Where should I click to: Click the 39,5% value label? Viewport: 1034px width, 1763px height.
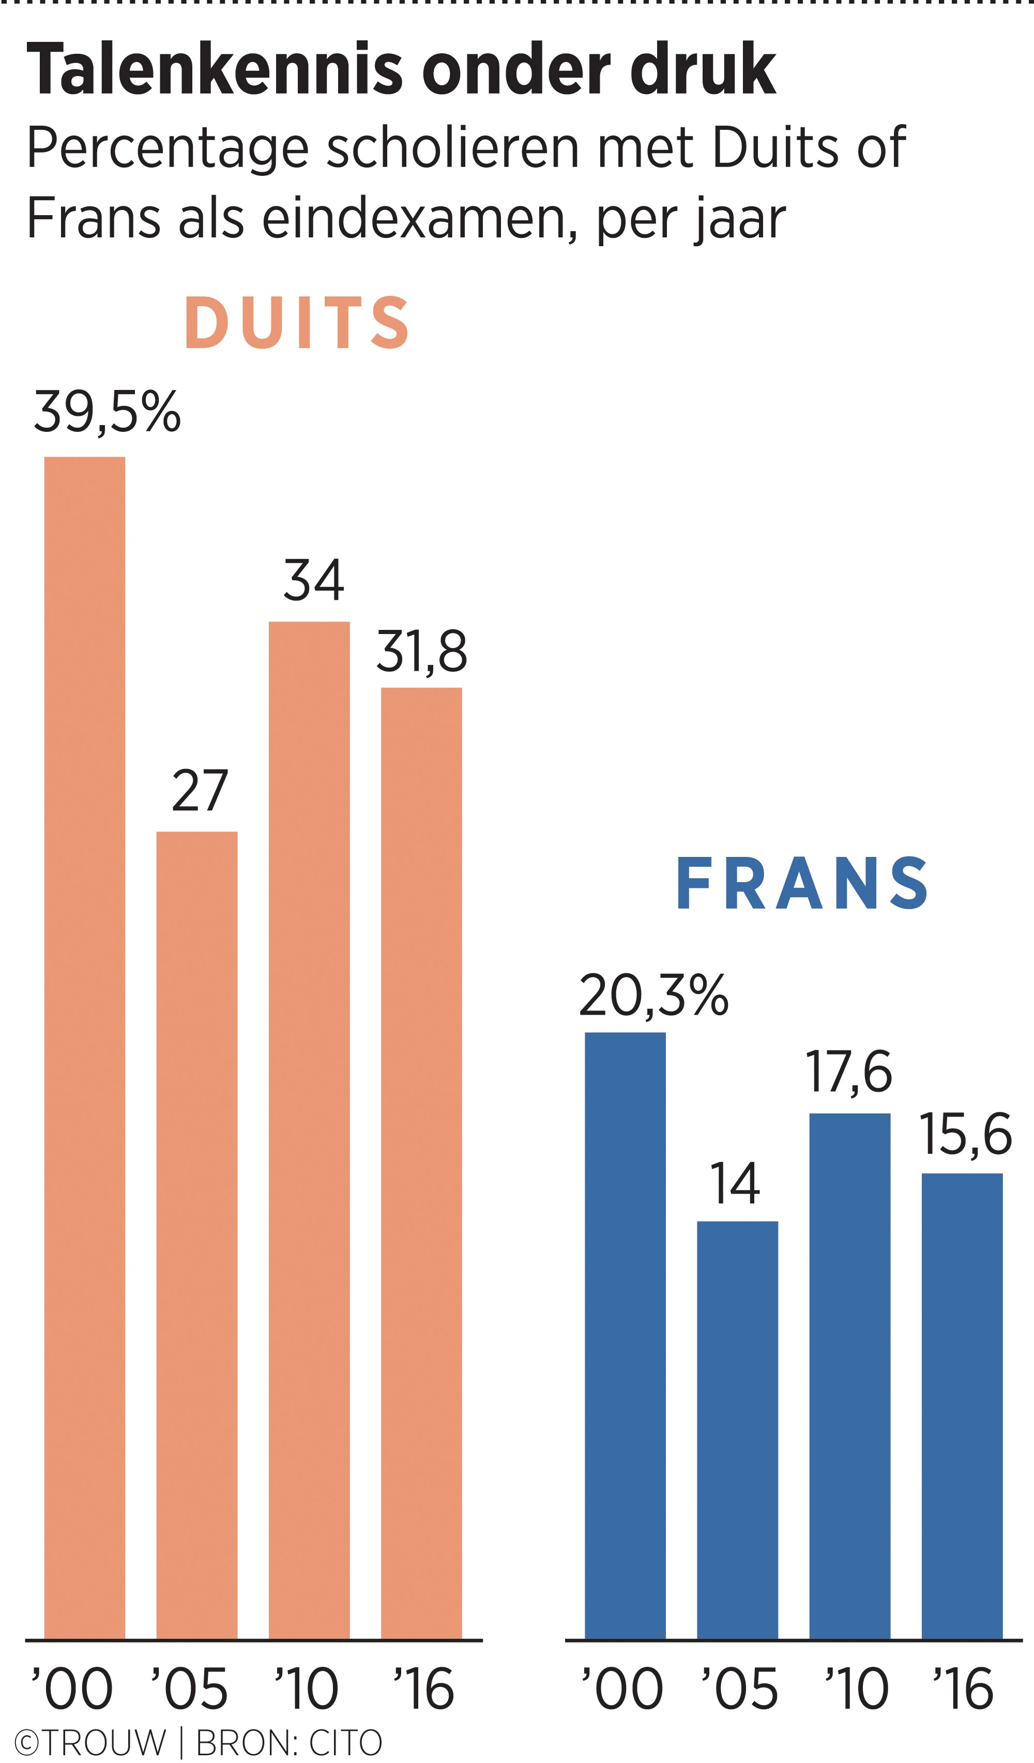[x=107, y=413]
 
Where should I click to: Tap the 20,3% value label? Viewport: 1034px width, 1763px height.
[x=653, y=996]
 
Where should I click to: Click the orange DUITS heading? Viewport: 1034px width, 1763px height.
[x=297, y=323]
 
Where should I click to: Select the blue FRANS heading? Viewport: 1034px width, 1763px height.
[x=802, y=884]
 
